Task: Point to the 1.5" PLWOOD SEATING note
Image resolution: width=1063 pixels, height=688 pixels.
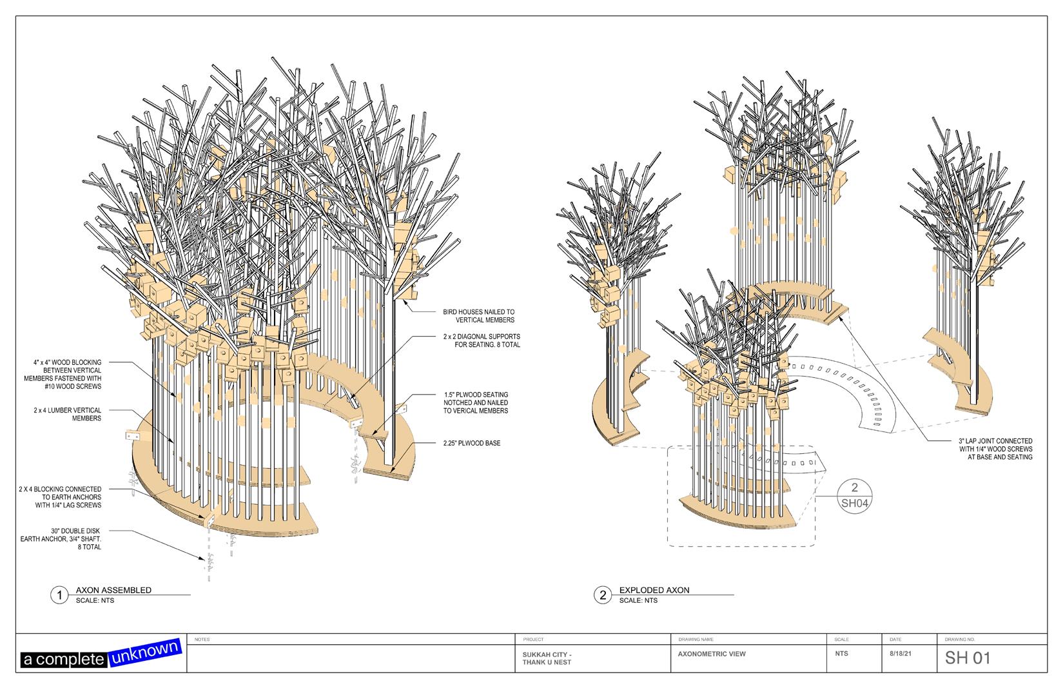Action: click(476, 402)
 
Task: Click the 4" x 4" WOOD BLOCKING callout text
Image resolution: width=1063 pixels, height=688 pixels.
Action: click(69, 374)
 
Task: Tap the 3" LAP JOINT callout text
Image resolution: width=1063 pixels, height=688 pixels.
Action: click(995, 449)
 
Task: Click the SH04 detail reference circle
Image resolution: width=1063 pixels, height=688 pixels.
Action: click(855, 495)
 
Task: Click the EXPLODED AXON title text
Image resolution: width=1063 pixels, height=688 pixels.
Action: click(654, 589)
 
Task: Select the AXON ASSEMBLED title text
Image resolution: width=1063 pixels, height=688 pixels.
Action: click(113, 589)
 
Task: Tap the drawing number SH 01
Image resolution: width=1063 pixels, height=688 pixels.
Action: click(967, 658)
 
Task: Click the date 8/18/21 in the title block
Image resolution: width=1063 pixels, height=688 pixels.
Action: click(900, 653)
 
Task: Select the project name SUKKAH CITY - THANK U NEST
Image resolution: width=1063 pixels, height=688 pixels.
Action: click(547, 658)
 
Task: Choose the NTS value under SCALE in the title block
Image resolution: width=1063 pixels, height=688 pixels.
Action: click(841, 653)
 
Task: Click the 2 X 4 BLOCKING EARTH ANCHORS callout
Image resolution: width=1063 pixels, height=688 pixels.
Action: click(60, 497)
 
